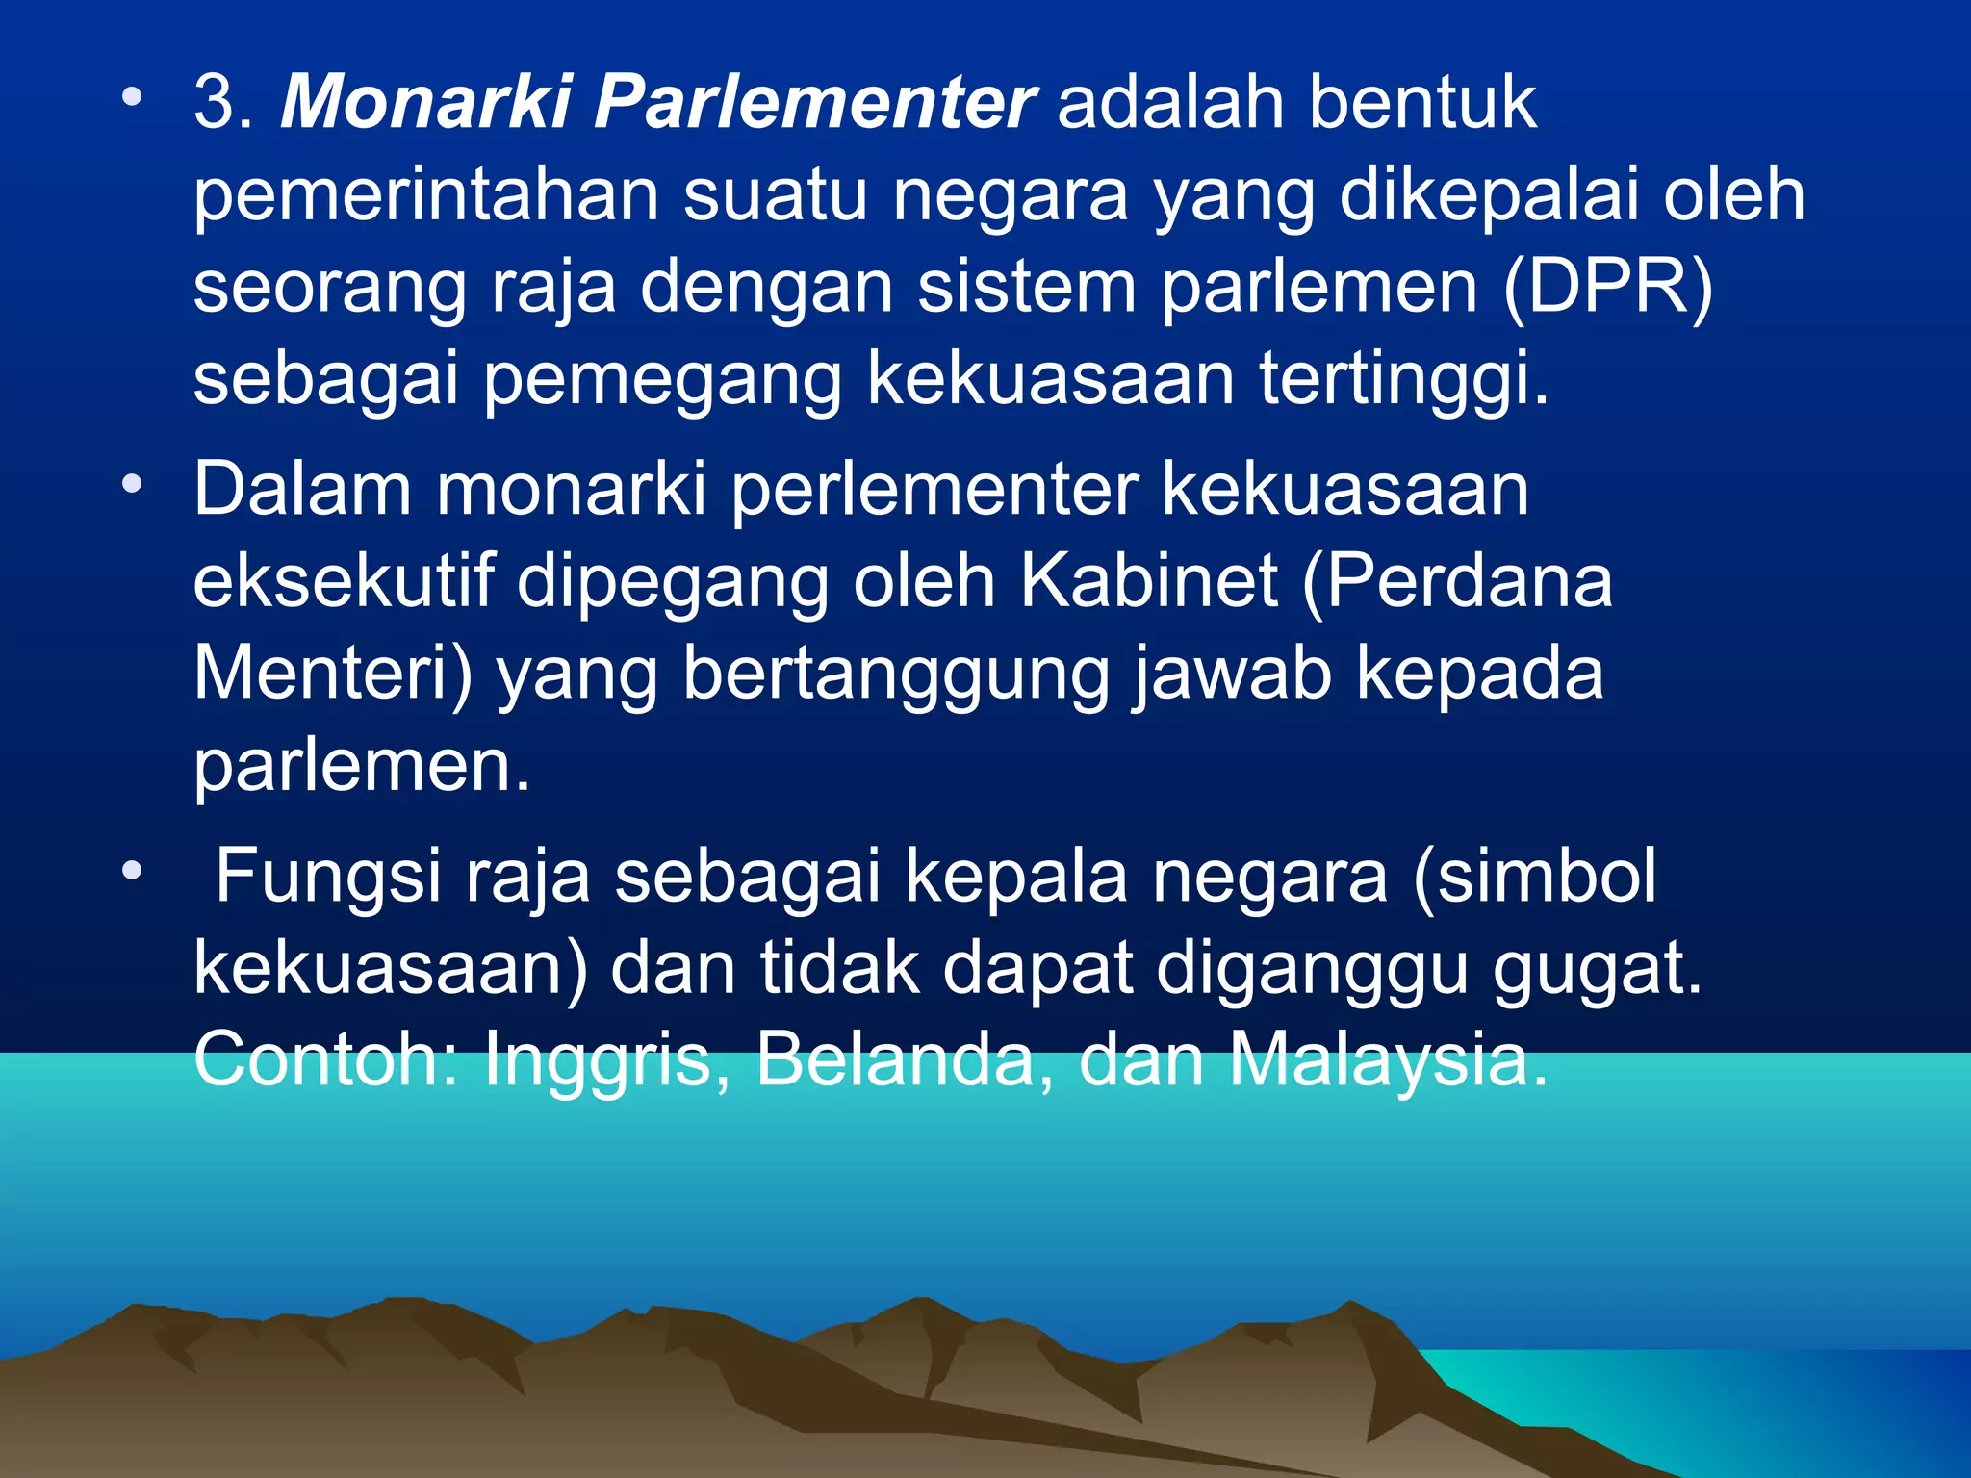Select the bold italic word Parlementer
tap(814, 102)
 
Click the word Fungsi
tap(328, 876)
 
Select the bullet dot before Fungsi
tap(132, 871)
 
